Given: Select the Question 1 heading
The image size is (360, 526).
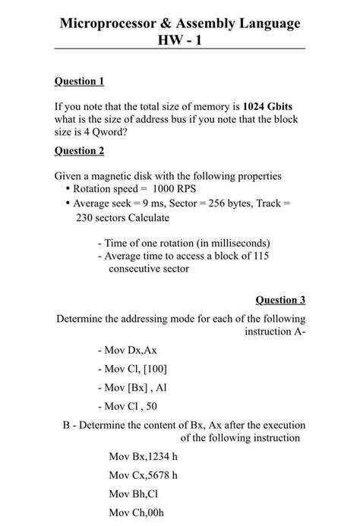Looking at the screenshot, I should click(79, 81).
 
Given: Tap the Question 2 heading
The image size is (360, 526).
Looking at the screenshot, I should click(79, 152).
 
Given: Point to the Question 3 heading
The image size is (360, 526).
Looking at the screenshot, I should click(280, 300).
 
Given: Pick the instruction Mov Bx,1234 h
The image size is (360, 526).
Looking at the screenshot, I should click(144, 457).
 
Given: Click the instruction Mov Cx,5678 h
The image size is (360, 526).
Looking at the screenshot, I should click(144, 475).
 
